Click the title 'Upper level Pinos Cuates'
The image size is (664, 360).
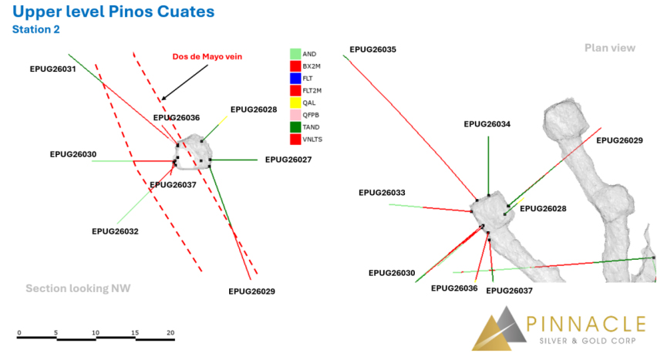pos(113,12)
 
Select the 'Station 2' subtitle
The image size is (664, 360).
pos(36,29)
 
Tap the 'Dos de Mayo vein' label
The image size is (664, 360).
pos(207,56)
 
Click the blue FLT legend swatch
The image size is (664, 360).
pos(295,79)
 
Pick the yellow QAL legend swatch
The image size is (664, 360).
pos(295,103)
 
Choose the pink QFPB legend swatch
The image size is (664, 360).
pos(295,115)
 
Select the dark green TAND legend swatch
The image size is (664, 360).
pos(295,127)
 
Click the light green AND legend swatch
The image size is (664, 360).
pos(295,54)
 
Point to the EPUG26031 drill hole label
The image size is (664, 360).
pos(52,69)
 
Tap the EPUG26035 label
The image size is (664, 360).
pos(372,49)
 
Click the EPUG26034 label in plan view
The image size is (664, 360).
pos(487,124)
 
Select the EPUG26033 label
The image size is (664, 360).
pos(382,193)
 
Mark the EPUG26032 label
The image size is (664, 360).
pos(115,232)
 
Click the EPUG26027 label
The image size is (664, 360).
pos(288,160)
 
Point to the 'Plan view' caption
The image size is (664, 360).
pos(610,48)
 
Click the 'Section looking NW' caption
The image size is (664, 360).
pos(78,288)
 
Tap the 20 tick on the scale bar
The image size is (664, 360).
pos(170,333)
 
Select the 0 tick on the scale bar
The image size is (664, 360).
pos(19,333)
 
